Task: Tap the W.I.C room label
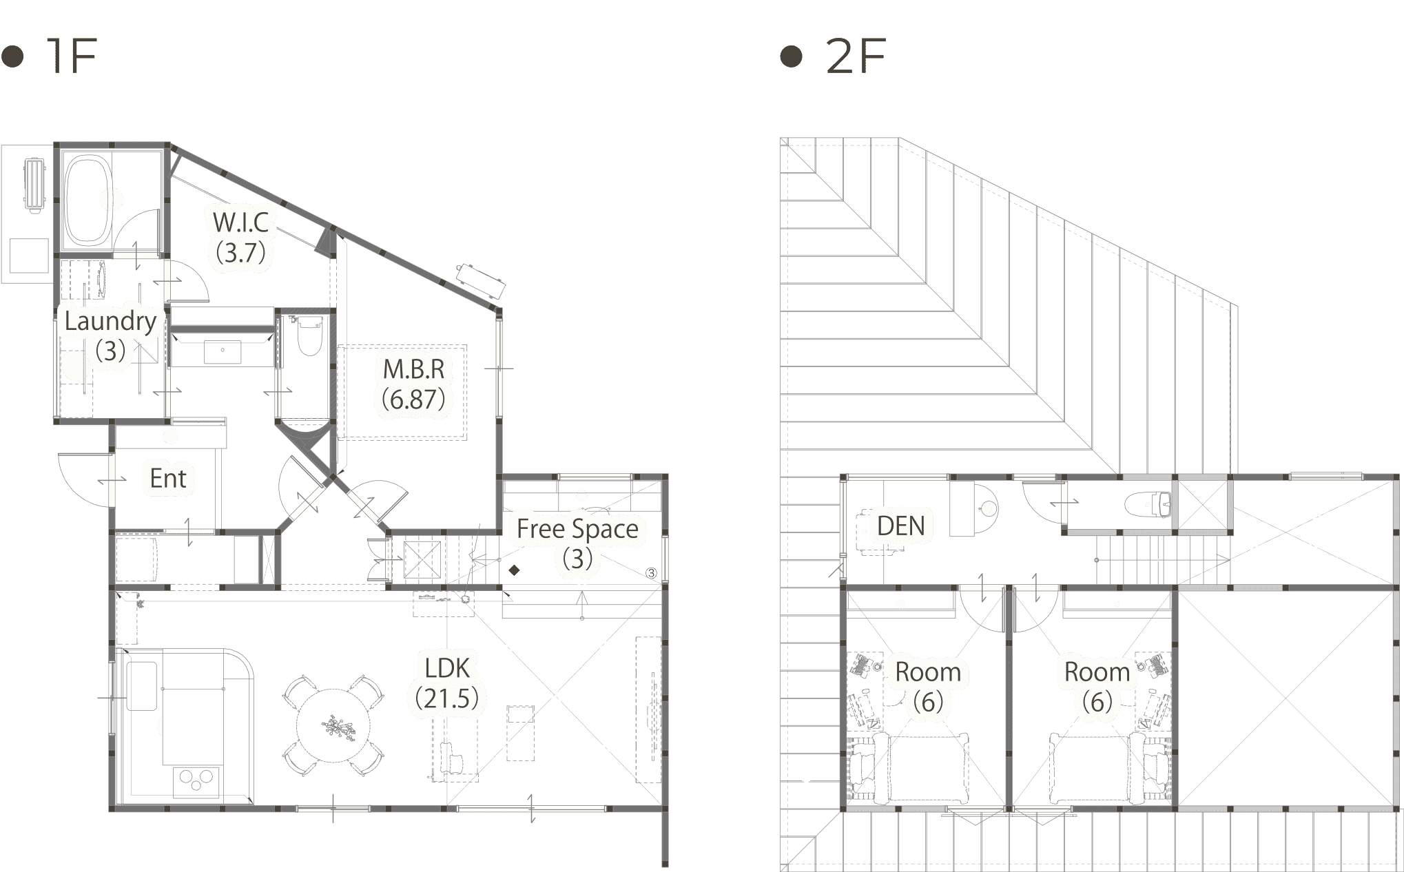pos(241,222)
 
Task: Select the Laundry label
pos(110,321)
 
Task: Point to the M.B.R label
pos(414,369)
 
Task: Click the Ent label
pos(168,478)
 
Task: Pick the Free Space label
pos(577,529)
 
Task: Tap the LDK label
pos(447,668)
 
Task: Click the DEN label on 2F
pos(900,526)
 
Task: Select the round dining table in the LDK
pos(333,726)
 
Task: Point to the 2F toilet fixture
pos(1148,504)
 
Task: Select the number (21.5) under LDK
pos(447,698)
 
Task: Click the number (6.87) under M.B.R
pos(414,399)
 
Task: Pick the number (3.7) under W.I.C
pos(241,252)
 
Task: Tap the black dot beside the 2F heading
pos(792,56)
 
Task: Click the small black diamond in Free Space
pos(514,570)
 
